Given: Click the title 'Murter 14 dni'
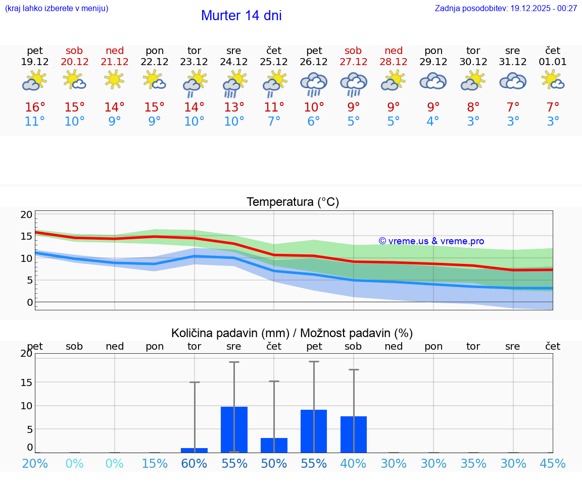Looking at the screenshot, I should tap(241, 16).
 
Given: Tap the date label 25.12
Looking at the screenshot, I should tap(274, 62).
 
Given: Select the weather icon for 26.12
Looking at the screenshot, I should tap(314, 84).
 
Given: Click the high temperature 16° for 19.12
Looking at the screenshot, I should tap(35, 107).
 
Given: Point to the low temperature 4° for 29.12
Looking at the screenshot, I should tap(433, 122).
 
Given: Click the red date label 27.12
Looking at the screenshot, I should tap(353, 62).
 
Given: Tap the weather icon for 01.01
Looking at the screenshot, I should tap(553, 80).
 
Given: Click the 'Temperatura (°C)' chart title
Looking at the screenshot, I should tap(293, 202).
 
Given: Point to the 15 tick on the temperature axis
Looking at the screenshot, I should tap(26, 236).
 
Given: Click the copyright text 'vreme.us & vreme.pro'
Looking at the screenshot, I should tap(431, 241).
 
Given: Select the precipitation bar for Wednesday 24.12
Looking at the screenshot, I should tap(234, 429).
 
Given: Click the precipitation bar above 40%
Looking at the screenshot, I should tap(354, 434).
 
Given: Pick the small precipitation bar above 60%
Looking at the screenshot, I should tap(195, 450).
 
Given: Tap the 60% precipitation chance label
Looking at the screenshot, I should tap(195, 464).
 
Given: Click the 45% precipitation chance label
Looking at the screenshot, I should tap(553, 464).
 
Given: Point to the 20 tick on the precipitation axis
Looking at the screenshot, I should tap(26, 354).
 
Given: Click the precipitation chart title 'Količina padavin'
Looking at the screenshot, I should tap(292, 333).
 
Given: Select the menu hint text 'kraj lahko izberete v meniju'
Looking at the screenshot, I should tap(57, 9).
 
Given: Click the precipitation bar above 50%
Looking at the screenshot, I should tap(274, 445).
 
